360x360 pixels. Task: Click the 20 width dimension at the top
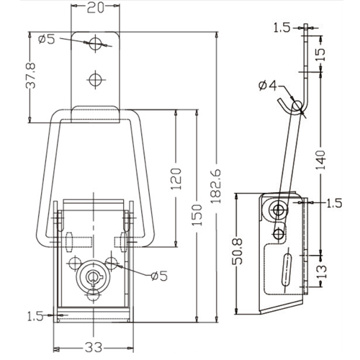coord(95,8)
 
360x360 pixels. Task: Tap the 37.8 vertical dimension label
coord(31,76)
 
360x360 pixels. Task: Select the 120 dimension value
coord(176,179)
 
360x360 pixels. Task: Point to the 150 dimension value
coord(197,215)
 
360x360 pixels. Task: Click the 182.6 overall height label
coord(216,186)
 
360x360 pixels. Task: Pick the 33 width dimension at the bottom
coord(94,347)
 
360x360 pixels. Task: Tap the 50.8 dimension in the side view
coord(238,251)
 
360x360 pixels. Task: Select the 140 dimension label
coord(320,160)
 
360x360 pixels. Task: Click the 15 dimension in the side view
coord(320,55)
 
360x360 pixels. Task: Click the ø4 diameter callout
coord(268,86)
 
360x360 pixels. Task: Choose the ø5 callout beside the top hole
coord(47,39)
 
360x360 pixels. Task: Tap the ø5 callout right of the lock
coord(159,276)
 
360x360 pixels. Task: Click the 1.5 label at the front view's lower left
coord(35,316)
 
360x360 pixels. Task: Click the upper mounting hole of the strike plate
coord(96,43)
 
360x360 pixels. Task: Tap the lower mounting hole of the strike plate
coord(96,79)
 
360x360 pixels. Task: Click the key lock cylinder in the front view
coord(92,276)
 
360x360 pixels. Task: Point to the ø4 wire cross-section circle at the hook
coord(298,106)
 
